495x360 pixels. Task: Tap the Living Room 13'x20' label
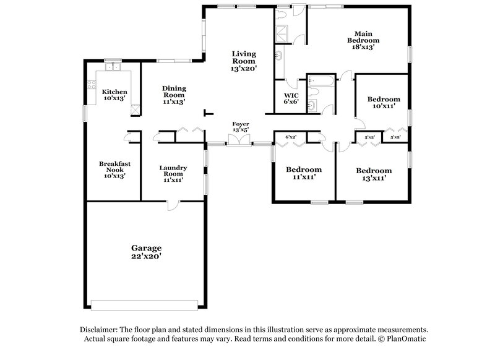(x=243, y=61)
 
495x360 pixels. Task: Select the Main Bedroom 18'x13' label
(x=362, y=40)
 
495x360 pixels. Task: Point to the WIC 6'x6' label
(x=291, y=99)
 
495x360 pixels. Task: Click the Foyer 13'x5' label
(x=240, y=127)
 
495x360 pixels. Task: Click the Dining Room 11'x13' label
(x=174, y=95)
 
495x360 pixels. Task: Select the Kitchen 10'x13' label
(x=114, y=95)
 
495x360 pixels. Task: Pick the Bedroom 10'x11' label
(x=384, y=103)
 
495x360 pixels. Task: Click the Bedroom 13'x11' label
(x=374, y=174)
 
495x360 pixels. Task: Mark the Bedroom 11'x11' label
(x=304, y=173)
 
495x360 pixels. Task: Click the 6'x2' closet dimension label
(x=291, y=137)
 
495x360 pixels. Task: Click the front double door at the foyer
(x=239, y=144)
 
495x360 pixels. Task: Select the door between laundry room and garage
(x=174, y=205)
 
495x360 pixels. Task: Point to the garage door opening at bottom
(x=144, y=304)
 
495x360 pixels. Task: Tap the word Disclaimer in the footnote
(x=100, y=330)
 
